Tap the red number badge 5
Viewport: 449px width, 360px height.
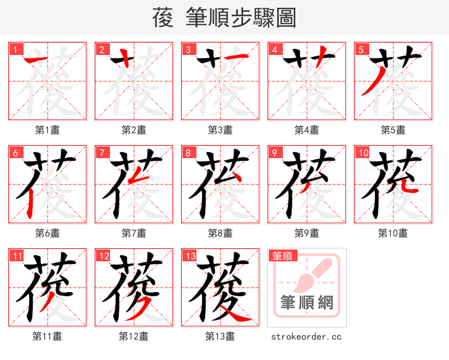click(361, 49)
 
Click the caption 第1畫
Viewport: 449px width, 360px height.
click(47, 130)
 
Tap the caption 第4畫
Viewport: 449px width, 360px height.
click(306, 130)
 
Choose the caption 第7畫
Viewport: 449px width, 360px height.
click(134, 233)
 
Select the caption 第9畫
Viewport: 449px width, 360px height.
click(306, 233)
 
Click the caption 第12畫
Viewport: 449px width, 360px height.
click(134, 336)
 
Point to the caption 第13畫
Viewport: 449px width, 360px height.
click(220, 336)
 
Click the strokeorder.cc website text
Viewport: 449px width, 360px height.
click(306, 337)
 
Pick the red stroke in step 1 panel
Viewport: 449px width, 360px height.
click(35, 59)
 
